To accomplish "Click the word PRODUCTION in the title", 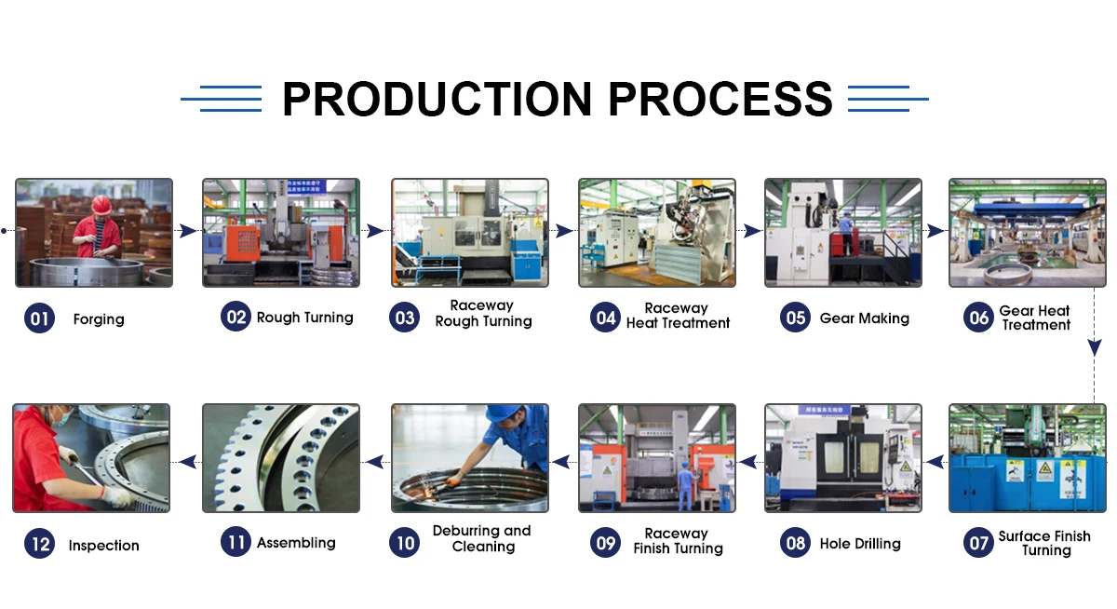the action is coord(437,99).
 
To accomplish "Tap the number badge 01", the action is coord(39,318).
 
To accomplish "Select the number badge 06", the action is coord(978,318).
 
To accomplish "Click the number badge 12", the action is coord(39,543).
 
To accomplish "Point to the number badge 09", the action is coord(605,542).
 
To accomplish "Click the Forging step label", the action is coord(99,319).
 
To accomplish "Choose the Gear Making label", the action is coord(865,318).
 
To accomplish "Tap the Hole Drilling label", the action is coord(860,544).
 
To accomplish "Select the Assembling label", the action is coord(296,543).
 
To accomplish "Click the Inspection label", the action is coord(103,545).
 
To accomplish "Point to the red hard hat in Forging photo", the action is coord(101,205).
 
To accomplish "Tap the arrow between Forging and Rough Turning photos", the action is coord(188,230).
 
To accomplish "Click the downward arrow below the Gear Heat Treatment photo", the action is coord(1095,347).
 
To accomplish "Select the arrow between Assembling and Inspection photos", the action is coord(187,462).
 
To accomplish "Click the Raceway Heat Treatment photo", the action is coord(657,233).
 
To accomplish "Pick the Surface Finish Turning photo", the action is coord(1028,458).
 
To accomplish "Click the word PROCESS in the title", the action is coord(720,99).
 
